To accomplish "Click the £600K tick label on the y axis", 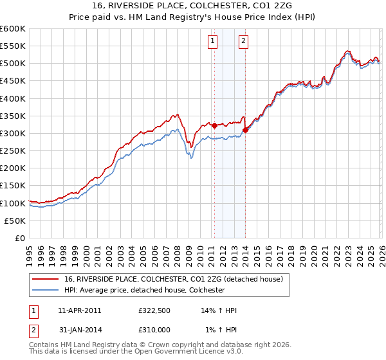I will pos(12,29).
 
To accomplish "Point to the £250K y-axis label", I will pos(12,150).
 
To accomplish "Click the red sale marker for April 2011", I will pos(214,125).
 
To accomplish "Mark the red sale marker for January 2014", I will pos(245,130).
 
